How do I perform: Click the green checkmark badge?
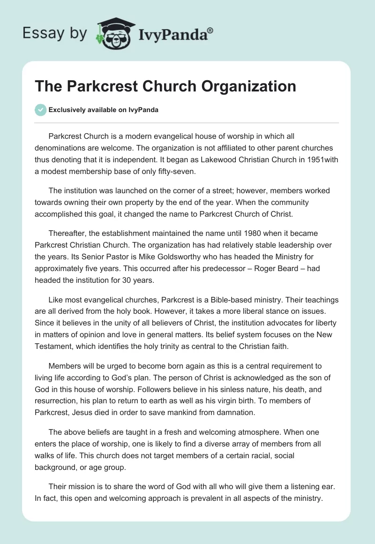pos(40,110)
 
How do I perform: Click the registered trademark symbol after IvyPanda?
pos(210,30)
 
